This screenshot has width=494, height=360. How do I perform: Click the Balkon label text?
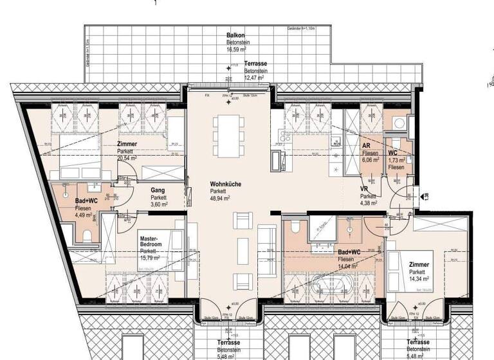tap(235, 35)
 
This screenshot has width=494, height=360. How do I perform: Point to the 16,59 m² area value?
tap(237, 48)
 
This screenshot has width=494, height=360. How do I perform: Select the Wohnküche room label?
tap(226, 184)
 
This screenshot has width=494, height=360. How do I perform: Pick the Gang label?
tap(158, 190)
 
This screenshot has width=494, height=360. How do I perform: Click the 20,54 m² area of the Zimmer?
tap(129, 157)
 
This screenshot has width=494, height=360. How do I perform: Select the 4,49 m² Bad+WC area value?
tap(85, 215)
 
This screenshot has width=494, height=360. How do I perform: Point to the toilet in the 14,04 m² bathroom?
tap(295, 228)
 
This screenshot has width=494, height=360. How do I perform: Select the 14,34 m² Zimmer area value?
tap(418, 280)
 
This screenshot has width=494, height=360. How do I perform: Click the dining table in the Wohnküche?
tap(228, 135)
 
